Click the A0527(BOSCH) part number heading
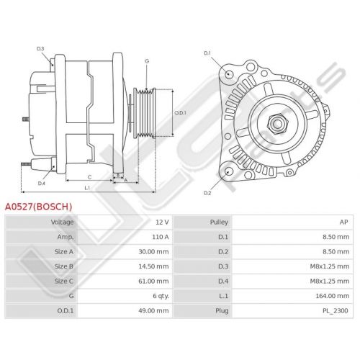pos(39,207)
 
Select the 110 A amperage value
pos(161,237)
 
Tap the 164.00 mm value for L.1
pos(333,296)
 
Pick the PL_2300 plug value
pos(336,311)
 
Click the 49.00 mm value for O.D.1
pos(153,311)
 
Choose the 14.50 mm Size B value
pos(153,266)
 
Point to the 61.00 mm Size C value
pos(153,281)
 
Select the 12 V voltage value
pos(162,222)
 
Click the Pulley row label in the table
pos(219,222)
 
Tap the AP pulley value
pos(343,222)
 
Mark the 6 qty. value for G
pos(161,296)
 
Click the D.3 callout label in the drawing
pos(40,49)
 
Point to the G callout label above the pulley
pos(147,61)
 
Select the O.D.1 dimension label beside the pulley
pos(180,113)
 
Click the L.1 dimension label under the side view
pos(87,188)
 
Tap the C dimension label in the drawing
pos(89,177)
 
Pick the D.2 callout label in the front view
pos(207,193)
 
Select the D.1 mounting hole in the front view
pos(229,73)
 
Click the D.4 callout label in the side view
pos(42,184)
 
